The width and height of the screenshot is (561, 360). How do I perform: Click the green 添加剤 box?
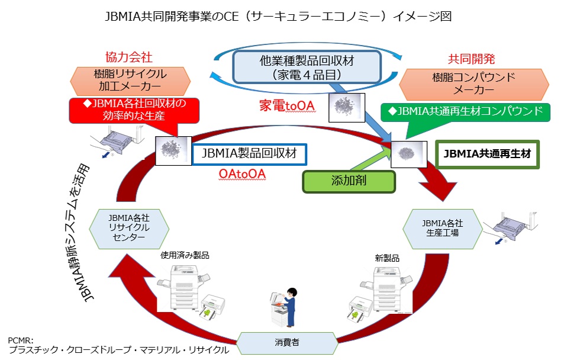[x=349, y=181]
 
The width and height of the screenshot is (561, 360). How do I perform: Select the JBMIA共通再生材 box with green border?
[x=487, y=155]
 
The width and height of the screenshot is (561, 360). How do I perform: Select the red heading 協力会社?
[x=129, y=57]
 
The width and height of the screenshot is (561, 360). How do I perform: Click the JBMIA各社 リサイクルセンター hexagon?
[x=130, y=227]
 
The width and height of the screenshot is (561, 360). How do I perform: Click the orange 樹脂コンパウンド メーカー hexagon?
[x=458, y=83]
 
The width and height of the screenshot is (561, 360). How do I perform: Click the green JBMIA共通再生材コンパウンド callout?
[x=465, y=111]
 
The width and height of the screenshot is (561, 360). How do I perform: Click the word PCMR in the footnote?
[x=21, y=340]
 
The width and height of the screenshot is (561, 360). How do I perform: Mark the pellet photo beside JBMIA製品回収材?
[x=172, y=150]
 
